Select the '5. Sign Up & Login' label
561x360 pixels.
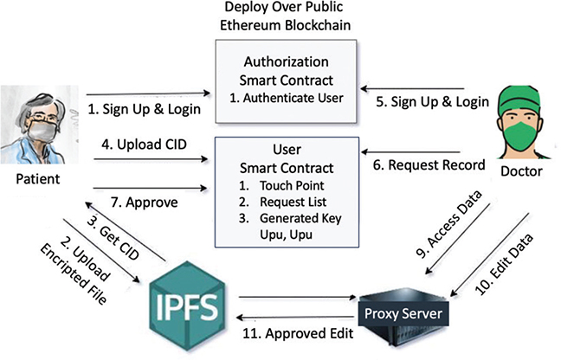[x=431, y=101]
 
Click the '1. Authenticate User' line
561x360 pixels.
[x=287, y=97]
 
